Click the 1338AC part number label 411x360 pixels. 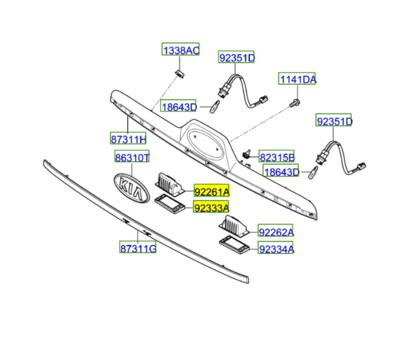[181, 50]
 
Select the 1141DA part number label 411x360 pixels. [298, 80]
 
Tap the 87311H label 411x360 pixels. [129, 140]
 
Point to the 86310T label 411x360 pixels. [131, 158]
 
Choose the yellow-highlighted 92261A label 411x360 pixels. [211, 192]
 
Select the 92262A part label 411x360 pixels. [275, 232]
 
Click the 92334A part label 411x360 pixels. [275, 249]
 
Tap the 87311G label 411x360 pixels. [138, 248]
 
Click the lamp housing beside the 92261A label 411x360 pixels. [171, 183]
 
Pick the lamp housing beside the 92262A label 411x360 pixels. [234, 225]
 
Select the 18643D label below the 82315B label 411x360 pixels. [282, 172]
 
